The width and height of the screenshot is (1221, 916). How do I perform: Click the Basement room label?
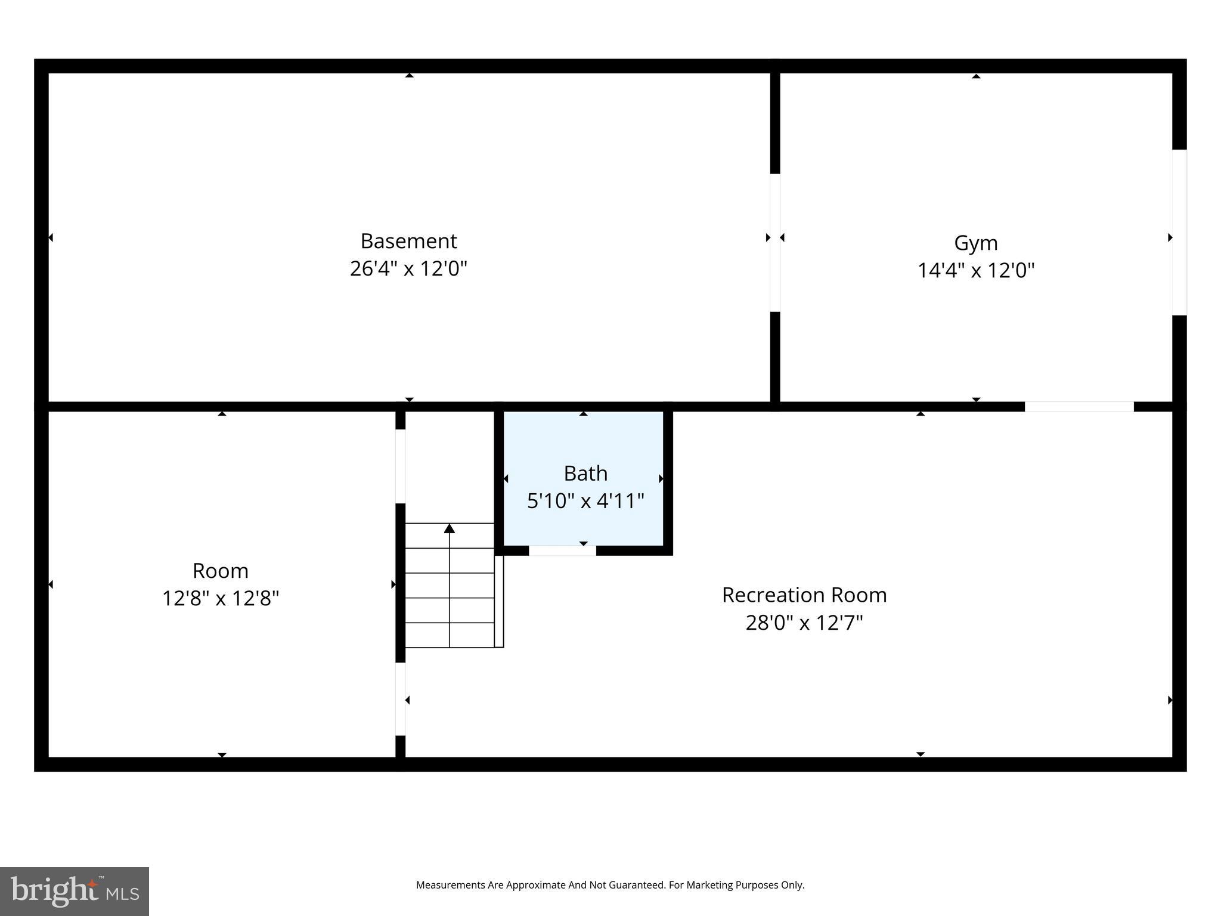[408, 241]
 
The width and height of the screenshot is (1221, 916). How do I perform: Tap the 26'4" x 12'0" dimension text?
[408, 268]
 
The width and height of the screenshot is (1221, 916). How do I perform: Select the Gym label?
[975, 243]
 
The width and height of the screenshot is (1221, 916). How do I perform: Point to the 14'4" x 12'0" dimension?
[975, 270]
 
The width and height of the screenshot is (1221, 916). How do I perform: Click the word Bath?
[585, 473]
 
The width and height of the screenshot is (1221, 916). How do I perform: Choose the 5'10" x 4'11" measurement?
[585, 500]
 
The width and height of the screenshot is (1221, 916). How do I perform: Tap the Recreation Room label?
[804, 595]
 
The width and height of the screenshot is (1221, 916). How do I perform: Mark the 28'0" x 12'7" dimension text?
[804, 623]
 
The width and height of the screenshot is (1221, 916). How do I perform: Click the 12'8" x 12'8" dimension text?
[221, 598]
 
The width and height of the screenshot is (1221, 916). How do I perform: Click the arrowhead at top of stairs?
[450, 528]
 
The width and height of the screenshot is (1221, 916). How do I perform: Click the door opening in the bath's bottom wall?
[562, 550]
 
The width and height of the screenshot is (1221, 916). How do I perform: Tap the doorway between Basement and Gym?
[775, 242]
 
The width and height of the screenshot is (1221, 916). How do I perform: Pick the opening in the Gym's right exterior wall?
[1179, 232]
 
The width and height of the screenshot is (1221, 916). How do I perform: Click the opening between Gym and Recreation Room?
[1079, 407]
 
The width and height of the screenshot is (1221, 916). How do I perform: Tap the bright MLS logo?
[75, 891]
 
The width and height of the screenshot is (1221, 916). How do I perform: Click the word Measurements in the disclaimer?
[450, 885]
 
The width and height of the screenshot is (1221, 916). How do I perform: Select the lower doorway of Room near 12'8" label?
[401, 699]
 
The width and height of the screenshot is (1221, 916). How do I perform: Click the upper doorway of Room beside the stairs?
[401, 466]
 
